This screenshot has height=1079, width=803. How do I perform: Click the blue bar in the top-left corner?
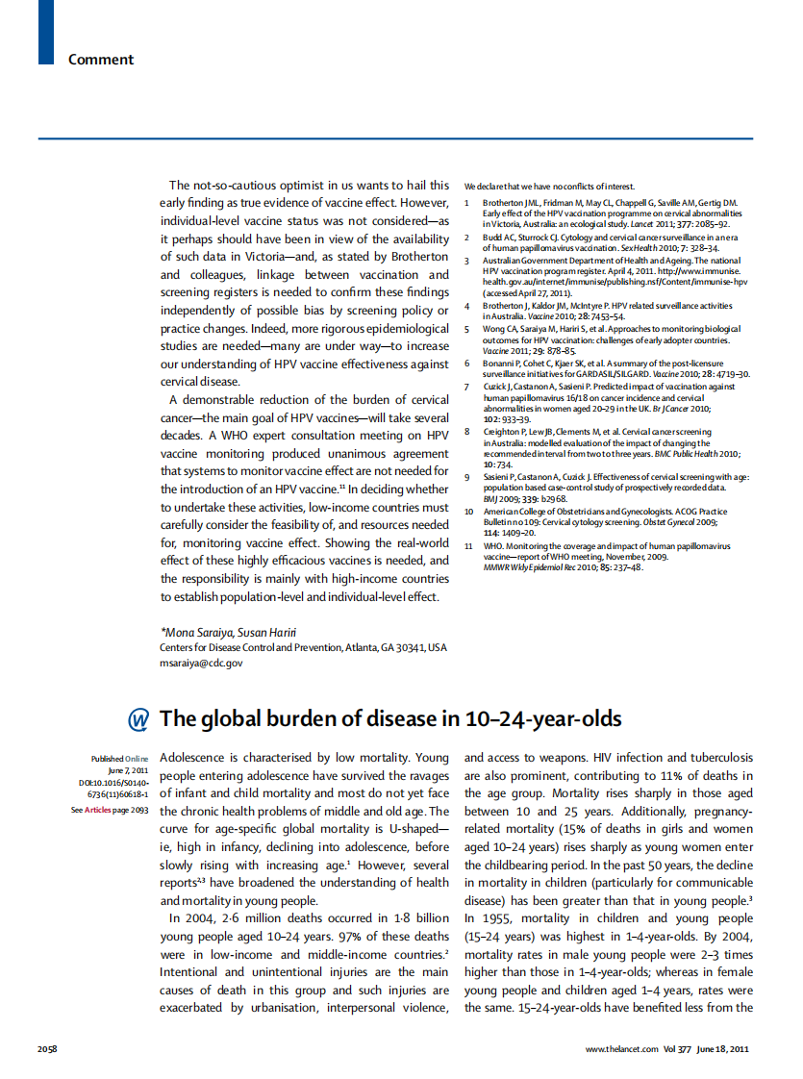coord(46,32)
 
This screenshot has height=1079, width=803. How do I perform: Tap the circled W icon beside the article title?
coord(139,720)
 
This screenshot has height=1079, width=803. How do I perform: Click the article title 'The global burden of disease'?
coord(389,719)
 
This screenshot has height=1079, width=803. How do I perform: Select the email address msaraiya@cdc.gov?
coord(201,663)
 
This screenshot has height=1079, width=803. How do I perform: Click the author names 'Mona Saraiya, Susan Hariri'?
coord(228,632)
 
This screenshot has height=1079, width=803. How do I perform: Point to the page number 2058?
coord(48,1047)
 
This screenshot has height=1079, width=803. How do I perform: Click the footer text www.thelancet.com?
coord(621,1047)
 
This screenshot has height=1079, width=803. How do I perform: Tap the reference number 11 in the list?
coord(468,546)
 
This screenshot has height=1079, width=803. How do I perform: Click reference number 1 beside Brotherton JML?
coord(467,204)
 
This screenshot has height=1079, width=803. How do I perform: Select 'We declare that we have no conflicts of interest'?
coord(549,186)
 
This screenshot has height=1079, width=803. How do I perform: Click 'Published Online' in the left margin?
coord(119,759)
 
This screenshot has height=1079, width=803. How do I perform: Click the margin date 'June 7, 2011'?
coord(128,771)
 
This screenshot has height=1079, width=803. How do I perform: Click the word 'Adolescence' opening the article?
coord(196,759)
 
